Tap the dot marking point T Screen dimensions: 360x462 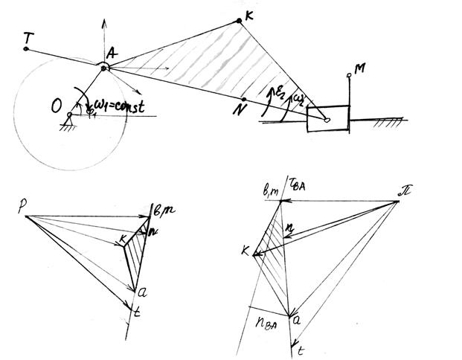tap(27, 49)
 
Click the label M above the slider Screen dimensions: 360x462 tap(360, 69)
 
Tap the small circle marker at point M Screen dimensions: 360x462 tap(347, 76)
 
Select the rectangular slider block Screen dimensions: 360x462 tap(328, 118)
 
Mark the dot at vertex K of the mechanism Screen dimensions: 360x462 tap(239, 21)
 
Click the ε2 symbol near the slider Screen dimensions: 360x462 tap(281, 94)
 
